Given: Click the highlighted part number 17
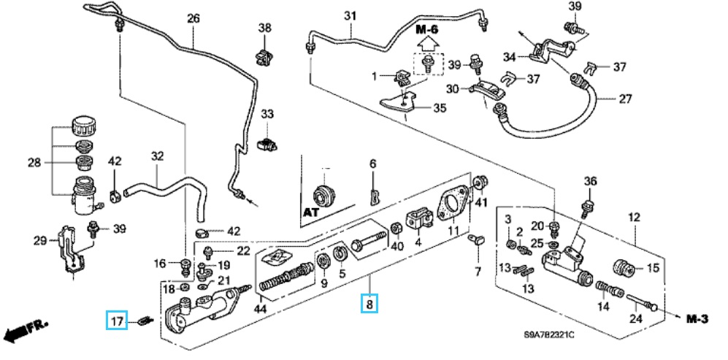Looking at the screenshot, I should point(115,319).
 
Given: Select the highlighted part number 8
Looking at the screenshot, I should point(371,302).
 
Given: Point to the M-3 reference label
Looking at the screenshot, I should point(697,319).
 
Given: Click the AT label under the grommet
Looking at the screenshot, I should point(312,211).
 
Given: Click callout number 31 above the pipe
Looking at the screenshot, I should point(351,15).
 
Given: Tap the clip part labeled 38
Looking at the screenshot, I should point(264,55).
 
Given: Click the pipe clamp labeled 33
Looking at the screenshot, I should point(268,140).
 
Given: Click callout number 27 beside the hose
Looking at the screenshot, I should point(625,99).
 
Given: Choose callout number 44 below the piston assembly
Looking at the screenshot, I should point(259,309).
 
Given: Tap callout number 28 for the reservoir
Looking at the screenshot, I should point(34,162).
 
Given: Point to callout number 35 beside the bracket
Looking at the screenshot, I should point(439,109).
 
